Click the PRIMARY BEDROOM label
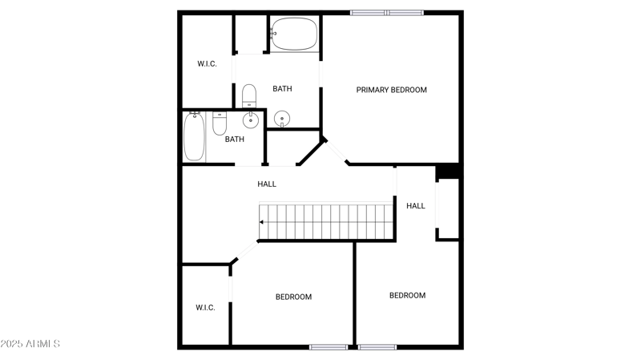(x=391, y=90)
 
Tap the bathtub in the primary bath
(x=293, y=34)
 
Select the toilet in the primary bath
(x=248, y=95)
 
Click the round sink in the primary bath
(x=282, y=119)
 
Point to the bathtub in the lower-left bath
(x=195, y=137)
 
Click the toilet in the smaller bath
(x=220, y=123)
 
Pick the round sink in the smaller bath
(x=250, y=120)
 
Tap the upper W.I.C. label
(x=208, y=63)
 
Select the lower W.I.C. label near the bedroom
(x=205, y=307)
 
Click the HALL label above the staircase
(x=267, y=184)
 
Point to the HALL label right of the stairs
(x=416, y=206)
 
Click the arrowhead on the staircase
(x=262, y=222)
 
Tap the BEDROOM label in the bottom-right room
(x=407, y=295)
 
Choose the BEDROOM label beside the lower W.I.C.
(x=293, y=297)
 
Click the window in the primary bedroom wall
(x=387, y=12)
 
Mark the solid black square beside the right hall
(x=448, y=171)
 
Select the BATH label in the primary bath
(x=282, y=89)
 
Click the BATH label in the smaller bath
(x=234, y=140)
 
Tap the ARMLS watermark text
(x=30, y=344)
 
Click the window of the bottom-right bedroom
(x=377, y=347)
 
